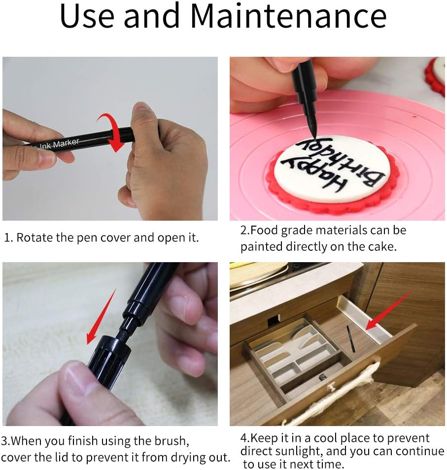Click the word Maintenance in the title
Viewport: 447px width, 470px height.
pyautogui.click(x=288, y=16)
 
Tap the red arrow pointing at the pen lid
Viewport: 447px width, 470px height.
pyautogui.click(x=101, y=316)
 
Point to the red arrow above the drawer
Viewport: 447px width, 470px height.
pyautogui.click(x=389, y=311)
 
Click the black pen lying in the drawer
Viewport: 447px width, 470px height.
pyautogui.click(x=350, y=339)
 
